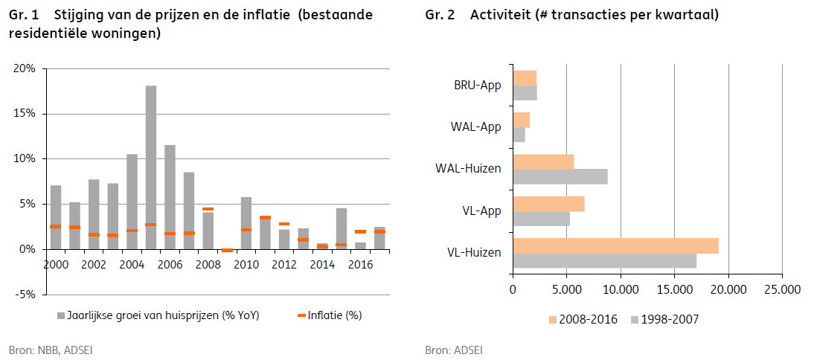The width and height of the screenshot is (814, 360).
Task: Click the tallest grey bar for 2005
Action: coord(151,167)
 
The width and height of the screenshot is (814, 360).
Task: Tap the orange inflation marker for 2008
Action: coord(208,209)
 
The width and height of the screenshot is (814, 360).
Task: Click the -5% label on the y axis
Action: coord(25,295)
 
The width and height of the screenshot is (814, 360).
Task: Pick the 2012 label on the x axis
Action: coord(284,264)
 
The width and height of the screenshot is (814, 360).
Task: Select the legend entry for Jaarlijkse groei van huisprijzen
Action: coord(157,315)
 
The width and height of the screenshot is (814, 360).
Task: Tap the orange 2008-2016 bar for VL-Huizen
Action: coord(615,246)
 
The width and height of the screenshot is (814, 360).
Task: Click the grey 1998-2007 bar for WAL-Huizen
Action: coord(560,176)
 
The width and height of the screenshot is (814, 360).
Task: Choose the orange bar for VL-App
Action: coord(548,204)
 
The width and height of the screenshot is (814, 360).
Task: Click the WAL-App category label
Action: coord(475,127)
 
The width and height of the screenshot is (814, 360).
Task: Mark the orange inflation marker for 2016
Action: coord(360,231)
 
